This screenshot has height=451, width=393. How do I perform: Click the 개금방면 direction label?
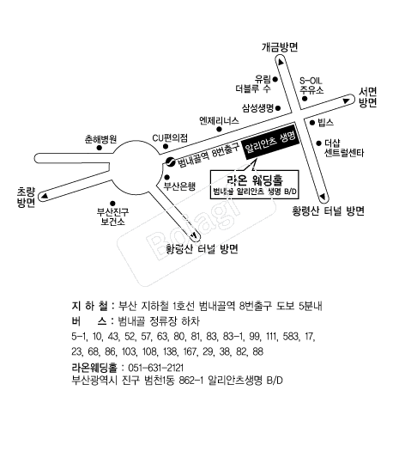point(280,47)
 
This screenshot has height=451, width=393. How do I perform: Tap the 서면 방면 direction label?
point(367,98)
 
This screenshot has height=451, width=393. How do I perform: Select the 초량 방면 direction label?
point(26,198)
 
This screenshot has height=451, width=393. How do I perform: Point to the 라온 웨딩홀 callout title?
point(255,180)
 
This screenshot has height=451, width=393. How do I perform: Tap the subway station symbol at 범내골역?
point(170,162)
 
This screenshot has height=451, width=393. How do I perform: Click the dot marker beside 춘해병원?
point(100,148)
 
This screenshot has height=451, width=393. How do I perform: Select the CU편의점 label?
point(170,138)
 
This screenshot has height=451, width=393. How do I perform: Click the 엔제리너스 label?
point(219,120)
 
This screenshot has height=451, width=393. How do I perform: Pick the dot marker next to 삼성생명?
point(278,108)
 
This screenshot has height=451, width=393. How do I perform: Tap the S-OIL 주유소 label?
point(311,85)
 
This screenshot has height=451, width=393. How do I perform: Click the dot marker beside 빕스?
point(312,123)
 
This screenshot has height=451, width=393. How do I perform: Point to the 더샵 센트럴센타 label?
point(344,148)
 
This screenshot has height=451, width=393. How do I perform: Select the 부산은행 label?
point(179,186)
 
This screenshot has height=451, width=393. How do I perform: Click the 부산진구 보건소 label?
point(112,216)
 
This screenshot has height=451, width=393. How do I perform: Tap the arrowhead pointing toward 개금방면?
point(281,62)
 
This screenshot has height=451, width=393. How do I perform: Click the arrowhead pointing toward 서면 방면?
point(346,101)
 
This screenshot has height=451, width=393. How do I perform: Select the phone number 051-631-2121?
point(155,368)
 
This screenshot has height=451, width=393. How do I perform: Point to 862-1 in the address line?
point(191,381)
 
